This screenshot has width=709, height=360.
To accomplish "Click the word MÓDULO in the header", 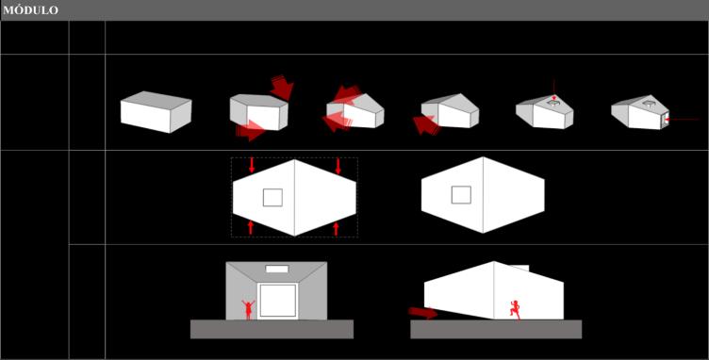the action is [x=31, y=10].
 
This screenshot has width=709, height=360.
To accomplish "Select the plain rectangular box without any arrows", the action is [x=156, y=111].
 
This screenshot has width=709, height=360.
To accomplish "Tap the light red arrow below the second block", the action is [x=250, y=130].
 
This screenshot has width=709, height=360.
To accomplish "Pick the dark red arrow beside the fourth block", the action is [x=425, y=125].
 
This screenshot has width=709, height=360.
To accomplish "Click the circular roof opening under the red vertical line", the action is [x=553, y=104].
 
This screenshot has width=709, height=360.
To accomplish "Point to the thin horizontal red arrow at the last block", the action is [x=682, y=120].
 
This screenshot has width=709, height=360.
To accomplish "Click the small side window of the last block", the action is [x=665, y=120].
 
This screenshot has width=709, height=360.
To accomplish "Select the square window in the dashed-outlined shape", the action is [x=272, y=197].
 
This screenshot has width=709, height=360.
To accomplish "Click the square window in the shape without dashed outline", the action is [x=461, y=195].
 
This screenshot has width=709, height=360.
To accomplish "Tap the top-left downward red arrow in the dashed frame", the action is [x=252, y=165].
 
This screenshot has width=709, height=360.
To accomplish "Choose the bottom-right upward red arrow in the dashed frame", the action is [x=336, y=229].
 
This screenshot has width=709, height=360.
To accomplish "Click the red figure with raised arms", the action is [x=248, y=310].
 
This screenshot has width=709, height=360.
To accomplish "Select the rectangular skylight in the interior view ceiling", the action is [x=277, y=270].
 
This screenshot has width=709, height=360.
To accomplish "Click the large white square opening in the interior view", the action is [x=277, y=301].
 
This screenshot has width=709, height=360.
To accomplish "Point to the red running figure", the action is [x=515, y=310].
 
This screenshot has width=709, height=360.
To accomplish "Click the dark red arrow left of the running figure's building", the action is [x=422, y=313].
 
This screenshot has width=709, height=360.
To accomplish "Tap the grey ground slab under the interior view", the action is [x=272, y=329].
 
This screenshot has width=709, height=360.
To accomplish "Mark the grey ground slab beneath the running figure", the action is [x=496, y=329].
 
